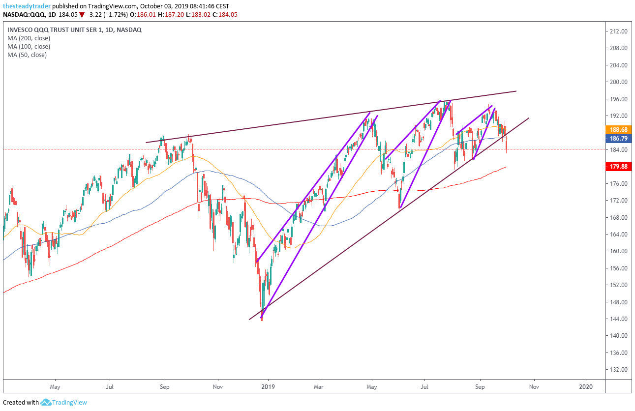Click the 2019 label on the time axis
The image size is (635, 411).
click(268, 386)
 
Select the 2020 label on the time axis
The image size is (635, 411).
click(586, 386)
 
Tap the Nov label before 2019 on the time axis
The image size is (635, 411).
click(218, 386)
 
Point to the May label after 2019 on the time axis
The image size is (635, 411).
click(372, 386)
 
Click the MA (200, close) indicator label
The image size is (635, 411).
click(29, 38)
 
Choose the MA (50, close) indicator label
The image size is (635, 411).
click(27, 55)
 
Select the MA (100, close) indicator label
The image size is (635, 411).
click(29, 47)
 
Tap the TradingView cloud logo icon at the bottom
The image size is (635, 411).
click(46, 403)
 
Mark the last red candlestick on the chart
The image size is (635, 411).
click(506, 146)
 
